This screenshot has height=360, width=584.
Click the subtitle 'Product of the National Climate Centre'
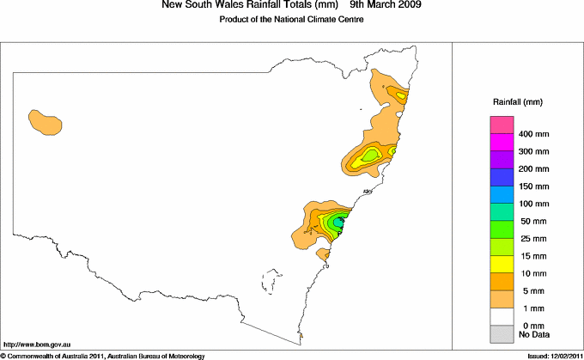tap(292, 20)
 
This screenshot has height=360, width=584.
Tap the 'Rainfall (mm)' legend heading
tap(516, 102)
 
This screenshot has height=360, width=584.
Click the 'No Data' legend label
tap(533, 333)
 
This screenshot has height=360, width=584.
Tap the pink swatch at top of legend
tap(501, 125)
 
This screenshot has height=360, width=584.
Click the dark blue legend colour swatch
tap(501, 177)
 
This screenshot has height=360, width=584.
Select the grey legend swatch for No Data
tap(501, 333)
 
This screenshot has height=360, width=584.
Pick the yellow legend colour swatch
tap(501, 264)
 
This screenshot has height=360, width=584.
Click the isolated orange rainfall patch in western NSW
tap(45, 122)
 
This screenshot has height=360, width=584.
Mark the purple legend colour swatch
tap(501, 160)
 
